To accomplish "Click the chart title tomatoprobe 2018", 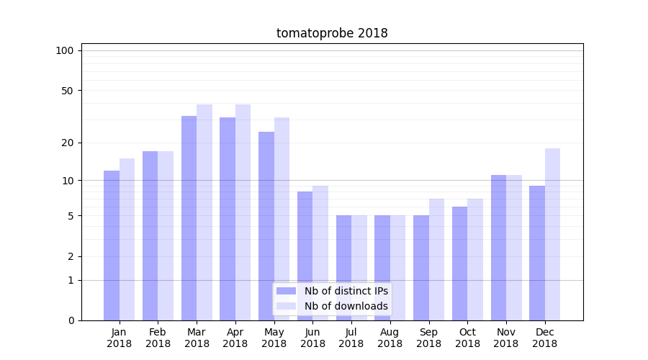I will (332, 33).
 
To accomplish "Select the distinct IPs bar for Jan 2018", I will (112, 245).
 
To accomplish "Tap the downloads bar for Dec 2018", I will (552, 234).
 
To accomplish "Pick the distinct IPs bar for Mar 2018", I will (189, 217).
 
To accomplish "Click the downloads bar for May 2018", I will (282, 218).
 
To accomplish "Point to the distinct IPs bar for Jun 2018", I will (305, 256).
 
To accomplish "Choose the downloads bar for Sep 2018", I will (436, 259).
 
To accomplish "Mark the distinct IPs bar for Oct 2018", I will (459, 263).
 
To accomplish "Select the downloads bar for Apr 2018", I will (243, 212).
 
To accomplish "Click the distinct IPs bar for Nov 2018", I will (498, 247).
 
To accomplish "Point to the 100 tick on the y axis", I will (65, 50).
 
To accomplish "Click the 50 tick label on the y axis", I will (67, 91).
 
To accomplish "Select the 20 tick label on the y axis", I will (67, 143).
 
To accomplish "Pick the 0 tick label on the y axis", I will (71, 320).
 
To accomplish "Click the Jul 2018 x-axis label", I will (351, 338).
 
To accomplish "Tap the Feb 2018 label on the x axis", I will (158, 338).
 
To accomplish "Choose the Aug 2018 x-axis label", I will (390, 338).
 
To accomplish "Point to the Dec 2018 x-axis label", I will (544, 338).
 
